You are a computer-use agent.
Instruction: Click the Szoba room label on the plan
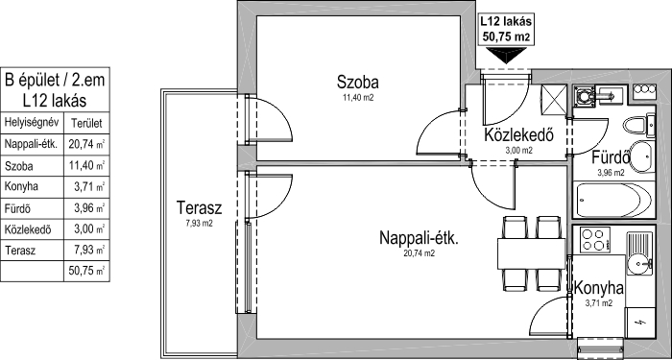click(x=357, y=82)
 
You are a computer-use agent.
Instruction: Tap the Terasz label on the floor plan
click(x=200, y=208)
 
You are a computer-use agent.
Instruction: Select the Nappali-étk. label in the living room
click(x=420, y=238)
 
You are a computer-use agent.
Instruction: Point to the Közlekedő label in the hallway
click(x=519, y=134)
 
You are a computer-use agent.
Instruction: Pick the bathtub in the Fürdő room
click(x=614, y=200)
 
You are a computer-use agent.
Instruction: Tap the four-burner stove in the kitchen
click(x=594, y=240)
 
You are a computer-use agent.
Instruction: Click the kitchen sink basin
click(x=639, y=260)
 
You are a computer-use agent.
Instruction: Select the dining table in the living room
click(x=532, y=253)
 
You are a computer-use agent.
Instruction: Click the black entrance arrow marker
click(x=506, y=55)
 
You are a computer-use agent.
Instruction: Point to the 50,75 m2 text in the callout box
click(x=506, y=36)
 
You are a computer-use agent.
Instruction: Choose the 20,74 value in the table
click(x=81, y=144)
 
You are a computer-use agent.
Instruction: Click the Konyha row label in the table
click(x=21, y=187)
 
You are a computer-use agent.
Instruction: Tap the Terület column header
click(x=86, y=124)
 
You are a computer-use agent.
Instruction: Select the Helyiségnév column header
click(x=31, y=124)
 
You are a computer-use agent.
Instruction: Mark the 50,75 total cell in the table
click(x=86, y=271)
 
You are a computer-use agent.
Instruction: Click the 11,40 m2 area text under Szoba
click(x=357, y=98)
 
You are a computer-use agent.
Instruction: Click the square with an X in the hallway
click(x=554, y=99)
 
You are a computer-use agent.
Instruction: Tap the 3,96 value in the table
click(x=84, y=208)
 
